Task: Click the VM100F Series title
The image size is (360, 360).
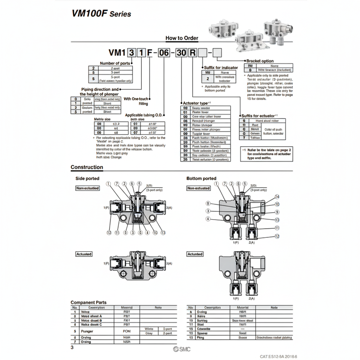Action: pos(101,13)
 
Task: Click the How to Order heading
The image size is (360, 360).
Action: pos(182,38)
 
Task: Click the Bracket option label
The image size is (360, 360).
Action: pos(260,61)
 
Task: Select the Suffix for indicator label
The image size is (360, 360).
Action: pos(221,67)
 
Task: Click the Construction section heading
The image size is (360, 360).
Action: pos(87,167)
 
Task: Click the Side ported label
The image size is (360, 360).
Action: pos(88,178)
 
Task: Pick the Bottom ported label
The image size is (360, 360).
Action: pos(201,178)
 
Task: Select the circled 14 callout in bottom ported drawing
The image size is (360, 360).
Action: pos(277,197)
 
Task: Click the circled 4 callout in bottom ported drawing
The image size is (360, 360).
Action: pos(207,219)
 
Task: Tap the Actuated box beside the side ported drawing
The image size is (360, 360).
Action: pos(84,254)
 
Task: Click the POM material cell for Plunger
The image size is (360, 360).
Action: pos(127,331)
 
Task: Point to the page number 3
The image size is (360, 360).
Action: pos(72,348)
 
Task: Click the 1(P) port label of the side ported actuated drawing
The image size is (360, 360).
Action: pos(106,264)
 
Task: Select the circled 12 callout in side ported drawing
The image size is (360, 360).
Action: pos(109,233)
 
